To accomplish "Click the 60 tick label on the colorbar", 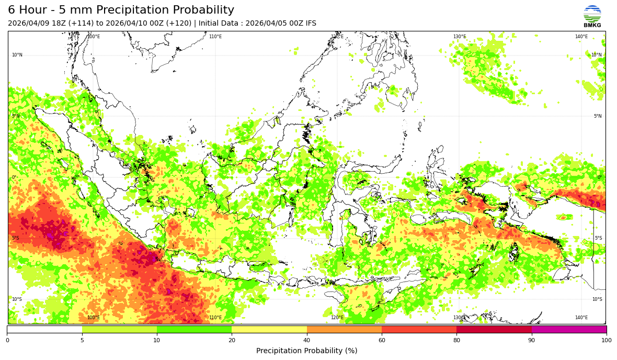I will click(x=382, y=341).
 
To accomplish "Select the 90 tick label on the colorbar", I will click(x=532, y=341).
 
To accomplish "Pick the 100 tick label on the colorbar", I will click(x=606, y=341).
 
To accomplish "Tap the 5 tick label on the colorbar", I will click(x=82, y=341).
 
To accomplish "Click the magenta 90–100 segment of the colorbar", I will click(x=569, y=330).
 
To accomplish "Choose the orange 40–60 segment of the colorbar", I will click(x=344, y=330).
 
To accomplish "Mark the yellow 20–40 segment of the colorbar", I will click(x=269, y=330).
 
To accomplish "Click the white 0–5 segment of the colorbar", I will click(x=44, y=330).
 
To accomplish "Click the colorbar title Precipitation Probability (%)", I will click(x=306, y=351).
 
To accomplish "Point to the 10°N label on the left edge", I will click(x=17, y=55).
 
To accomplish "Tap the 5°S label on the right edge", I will click(x=598, y=238).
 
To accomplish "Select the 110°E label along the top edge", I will click(x=215, y=37).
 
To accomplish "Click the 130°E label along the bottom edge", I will click(x=459, y=318).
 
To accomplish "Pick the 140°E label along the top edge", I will click(x=581, y=37).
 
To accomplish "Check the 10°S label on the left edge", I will click(x=17, y=299).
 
